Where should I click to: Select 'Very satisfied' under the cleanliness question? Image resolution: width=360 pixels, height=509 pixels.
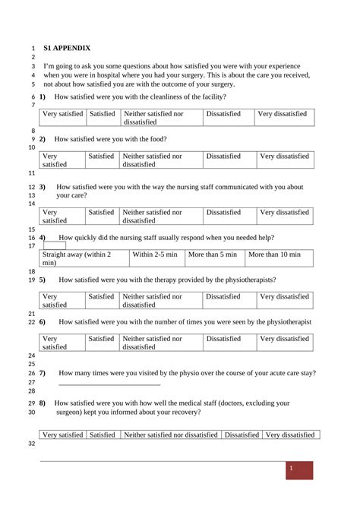[x=62, y=114]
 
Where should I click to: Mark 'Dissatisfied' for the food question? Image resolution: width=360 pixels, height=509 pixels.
[x=223, y=156]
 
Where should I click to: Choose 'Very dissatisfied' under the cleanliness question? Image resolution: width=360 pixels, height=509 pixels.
[x=283, y=114]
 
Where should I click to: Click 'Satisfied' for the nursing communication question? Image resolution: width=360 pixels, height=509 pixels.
[x=101, y=213]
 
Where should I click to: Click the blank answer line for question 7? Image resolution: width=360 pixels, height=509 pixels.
[x=109, y=384]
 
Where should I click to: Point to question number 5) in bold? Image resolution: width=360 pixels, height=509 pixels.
[x=43, y=280]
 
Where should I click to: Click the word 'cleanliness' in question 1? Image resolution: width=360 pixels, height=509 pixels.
[x=157, y=97]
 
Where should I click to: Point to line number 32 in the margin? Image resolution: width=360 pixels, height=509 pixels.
[x=31, y=444]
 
